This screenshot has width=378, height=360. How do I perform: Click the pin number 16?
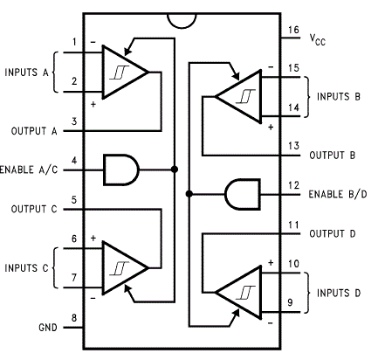click(x=293, y=29)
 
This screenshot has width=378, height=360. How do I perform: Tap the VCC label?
click(x=320, y=39)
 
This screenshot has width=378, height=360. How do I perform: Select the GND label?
click(x=49, y=328)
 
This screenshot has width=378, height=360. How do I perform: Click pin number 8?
click(x=74, y=318)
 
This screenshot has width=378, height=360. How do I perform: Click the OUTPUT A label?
click(x=34, y=130)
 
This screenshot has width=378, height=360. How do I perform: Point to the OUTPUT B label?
click(x=333, y=156)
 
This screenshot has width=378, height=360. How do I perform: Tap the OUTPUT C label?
click(x=34, y=209)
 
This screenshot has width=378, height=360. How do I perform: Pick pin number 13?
click(x=293, y=145)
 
